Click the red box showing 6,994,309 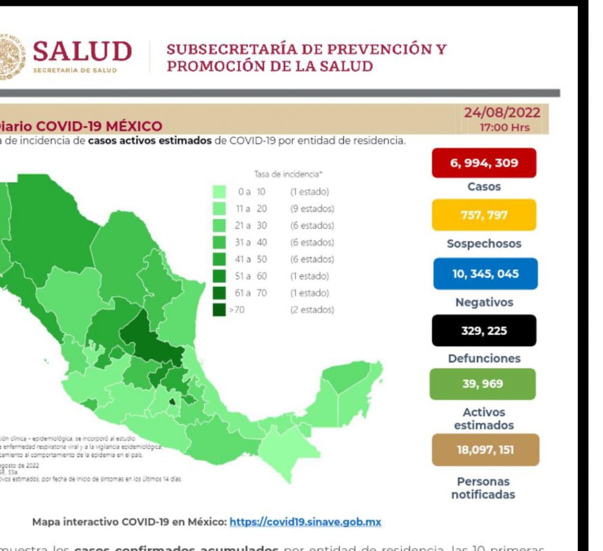[485, 162]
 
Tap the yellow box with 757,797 [485, 215]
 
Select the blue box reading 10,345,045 [485, 274]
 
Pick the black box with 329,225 [485, 330]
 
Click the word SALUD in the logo [82, 52]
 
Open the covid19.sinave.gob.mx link [306, 522]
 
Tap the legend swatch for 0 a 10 [220, 192]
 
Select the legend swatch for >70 [220, 310]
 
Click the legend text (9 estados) [312, 209]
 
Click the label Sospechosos [484, 244]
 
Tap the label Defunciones [484, 358]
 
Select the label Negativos [484, 302]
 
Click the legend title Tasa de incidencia [289, 174]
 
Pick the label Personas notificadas [483, 488]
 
